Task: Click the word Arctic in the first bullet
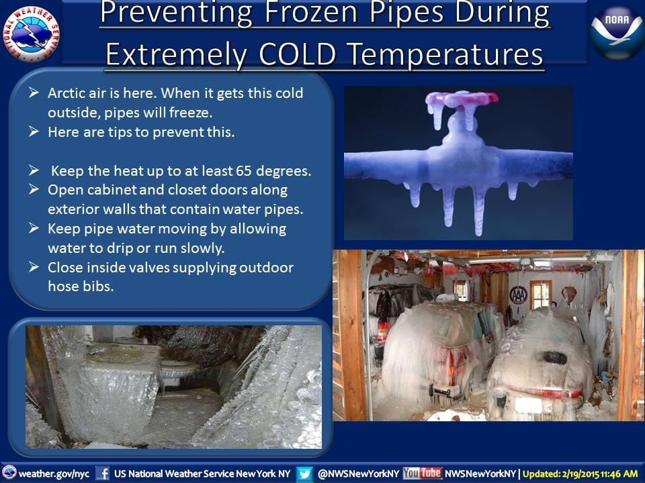(x=68, y=93)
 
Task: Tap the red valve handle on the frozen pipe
(x=462, y=100)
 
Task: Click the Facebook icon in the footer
(x=102, y=473)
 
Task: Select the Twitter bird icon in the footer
(x=304, y=473)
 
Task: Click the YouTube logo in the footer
(x=422, y=473)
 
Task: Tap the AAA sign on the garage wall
(x=518, y=294)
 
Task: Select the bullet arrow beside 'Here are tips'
(x=34, y=131)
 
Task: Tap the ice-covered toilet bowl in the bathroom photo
(x=179, y=370)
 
